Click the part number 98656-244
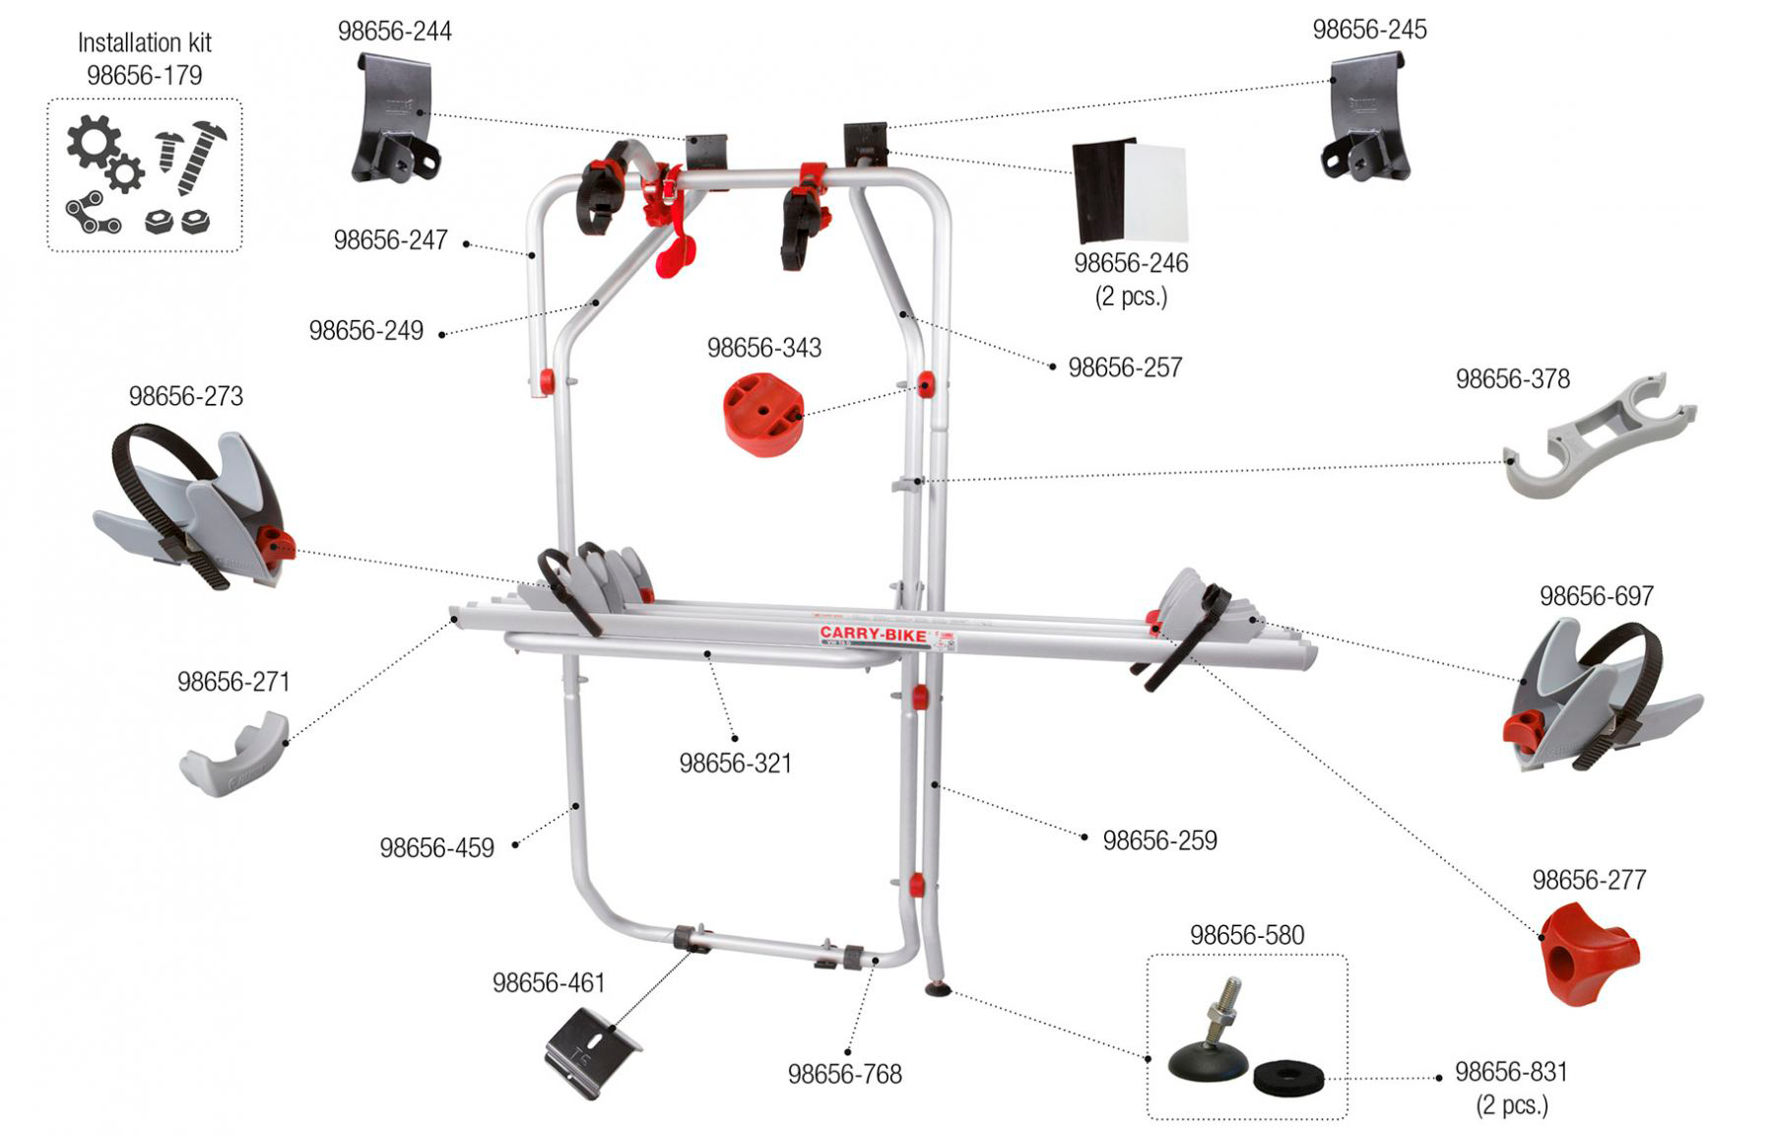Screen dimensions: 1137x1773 (394, 32)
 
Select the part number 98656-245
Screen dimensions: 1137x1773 (1369, 30)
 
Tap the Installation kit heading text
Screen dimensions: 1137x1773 (144, 43)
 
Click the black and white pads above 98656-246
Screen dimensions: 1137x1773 (1130, 190)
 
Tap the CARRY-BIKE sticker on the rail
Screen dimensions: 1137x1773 (873, 635)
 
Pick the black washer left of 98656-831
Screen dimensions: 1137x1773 (1288, 1078)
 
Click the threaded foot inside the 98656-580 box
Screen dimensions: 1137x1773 (1210, 1035)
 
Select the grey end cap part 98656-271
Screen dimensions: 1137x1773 (234, 755)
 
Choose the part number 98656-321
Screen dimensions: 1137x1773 (735, 764)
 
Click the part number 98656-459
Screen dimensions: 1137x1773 (436, 848)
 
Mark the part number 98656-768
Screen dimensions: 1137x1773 (844, 1074)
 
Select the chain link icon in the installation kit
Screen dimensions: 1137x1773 (93, 216)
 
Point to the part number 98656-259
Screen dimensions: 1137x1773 (1159, 840)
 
